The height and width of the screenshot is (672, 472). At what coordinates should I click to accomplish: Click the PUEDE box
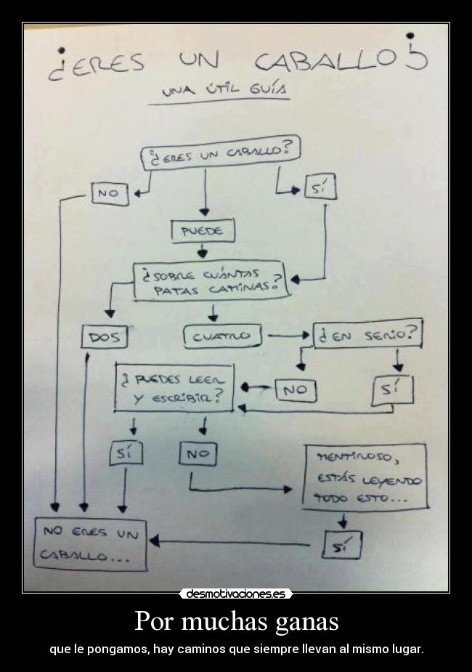[x=203, y=231]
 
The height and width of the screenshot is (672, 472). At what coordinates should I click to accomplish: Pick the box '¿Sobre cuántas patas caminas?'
[x=211, y=280]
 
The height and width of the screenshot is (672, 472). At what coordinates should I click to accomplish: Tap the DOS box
[x=105, y=337]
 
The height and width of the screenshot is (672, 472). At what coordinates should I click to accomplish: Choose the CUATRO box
[x=221, y=336]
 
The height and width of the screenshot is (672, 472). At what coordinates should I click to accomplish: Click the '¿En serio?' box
[x=367, y=335]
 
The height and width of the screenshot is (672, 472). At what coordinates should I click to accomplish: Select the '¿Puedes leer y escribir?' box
[x=175, y=388]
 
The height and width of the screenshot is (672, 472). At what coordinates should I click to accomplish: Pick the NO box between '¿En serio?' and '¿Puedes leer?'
[x=294, y=389]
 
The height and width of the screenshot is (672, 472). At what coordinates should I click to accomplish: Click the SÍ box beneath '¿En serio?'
[x=392, y=389]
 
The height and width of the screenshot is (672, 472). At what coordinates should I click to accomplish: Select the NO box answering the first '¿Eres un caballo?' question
[x=110, y=194]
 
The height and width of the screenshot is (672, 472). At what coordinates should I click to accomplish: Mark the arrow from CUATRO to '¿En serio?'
[x=289, y=336]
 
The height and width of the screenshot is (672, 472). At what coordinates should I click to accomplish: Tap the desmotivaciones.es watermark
[x=235, y=594]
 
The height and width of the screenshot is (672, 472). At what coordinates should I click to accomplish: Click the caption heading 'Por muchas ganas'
[x=236, y=622]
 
